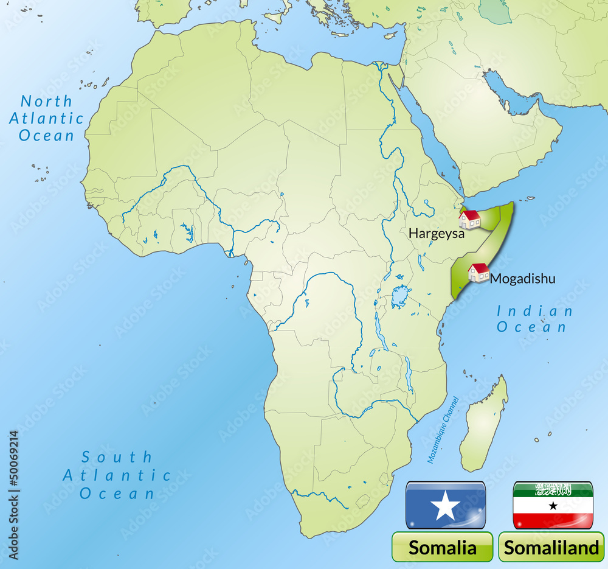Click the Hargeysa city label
pos(436,232)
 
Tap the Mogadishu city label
pos(522,279)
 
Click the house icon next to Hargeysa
pos(470,219)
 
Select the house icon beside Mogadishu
pos(479,272)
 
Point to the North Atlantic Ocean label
pos(46,118)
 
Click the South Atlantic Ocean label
pos(117,475)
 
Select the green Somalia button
pos(442,547)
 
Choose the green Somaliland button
pos(551,547)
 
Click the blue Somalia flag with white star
pos(446,505)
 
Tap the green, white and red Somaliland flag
pos(553,505)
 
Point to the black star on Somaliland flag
pos(553,506)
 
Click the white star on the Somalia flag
pos(446,505)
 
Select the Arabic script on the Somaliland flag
pos(553,489)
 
